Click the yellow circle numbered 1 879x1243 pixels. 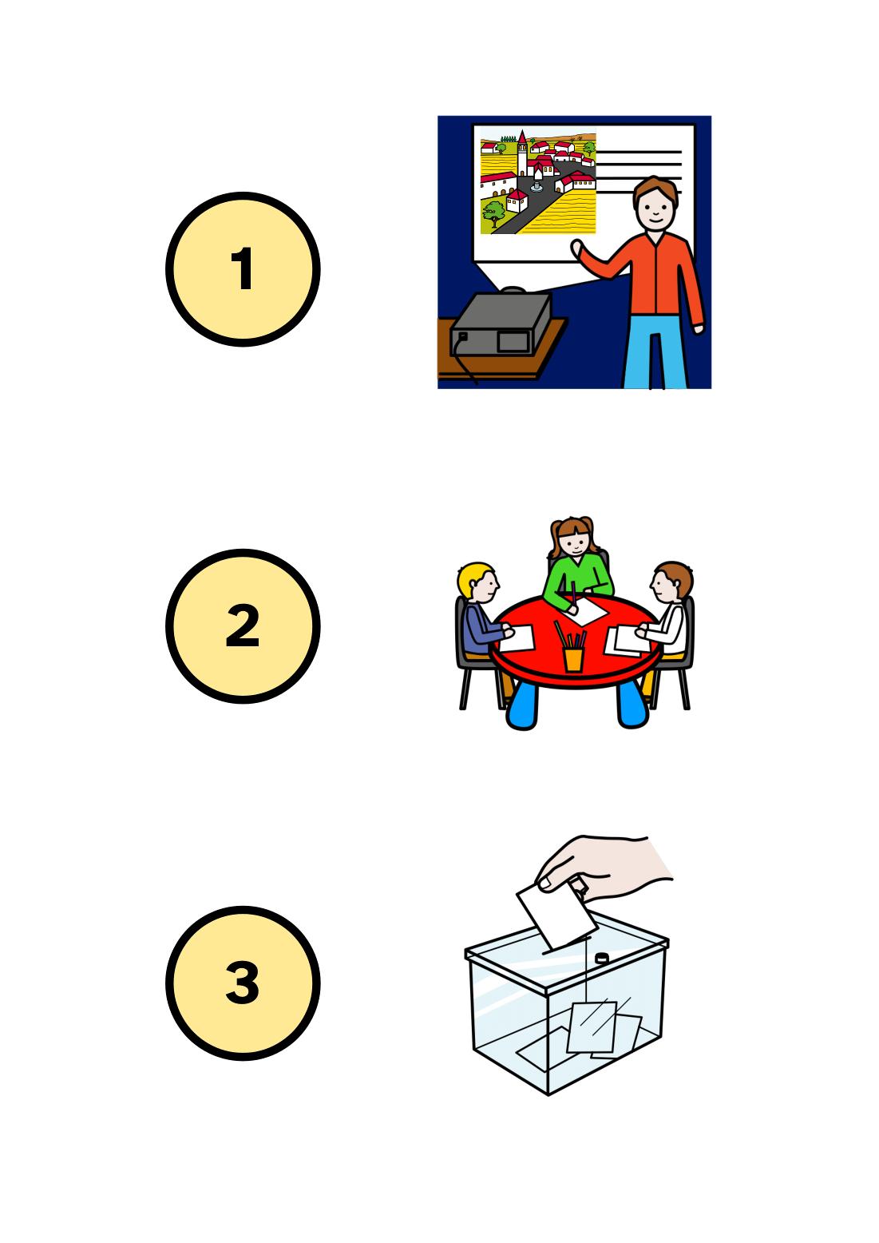pyautogui.click(x=243, y=269)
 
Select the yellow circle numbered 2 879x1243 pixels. pyautogui.click(x=243, y=625)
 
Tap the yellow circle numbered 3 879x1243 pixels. pyautogui.click(x=243, y=983)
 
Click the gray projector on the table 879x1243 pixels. pyautogui.click(x=501, y=323)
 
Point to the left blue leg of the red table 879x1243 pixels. pyautogui.click(x=522, y=706)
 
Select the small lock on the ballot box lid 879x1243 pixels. pyautogui.click(x=602, y=958)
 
